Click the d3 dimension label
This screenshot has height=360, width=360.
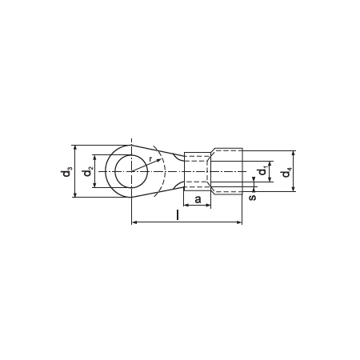66,172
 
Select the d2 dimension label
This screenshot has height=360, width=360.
88,171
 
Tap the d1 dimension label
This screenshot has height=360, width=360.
263,170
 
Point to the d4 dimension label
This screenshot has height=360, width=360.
286,172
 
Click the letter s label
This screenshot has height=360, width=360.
252,197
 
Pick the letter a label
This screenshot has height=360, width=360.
198,199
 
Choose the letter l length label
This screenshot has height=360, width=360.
178,215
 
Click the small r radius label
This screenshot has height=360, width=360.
150,159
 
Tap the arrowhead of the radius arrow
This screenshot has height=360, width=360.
159,160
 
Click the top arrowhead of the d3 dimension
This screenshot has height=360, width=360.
75,148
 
